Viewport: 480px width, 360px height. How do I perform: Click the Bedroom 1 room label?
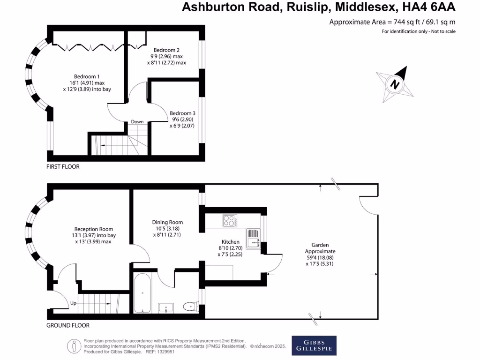point(87,76)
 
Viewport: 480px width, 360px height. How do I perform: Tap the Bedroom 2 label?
point(167,50)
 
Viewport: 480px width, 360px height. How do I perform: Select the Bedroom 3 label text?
point(182,113)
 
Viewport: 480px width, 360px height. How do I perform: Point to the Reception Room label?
point(93,229)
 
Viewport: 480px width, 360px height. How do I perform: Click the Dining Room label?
point(167,222)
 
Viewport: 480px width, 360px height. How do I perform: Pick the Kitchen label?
point(231,242)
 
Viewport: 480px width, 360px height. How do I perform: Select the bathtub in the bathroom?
point(142,293)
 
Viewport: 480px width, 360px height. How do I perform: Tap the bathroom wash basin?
point(166,307)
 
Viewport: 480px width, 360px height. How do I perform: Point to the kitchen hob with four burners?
point(230,220)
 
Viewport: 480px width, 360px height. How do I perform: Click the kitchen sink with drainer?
point(253,238)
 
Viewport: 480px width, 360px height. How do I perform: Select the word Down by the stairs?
point(137,122)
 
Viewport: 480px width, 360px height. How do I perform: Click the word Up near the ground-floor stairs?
point(73,303)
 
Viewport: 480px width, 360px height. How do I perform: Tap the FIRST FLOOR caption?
point(63,166)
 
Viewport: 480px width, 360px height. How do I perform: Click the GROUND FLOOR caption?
point(68,325)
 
